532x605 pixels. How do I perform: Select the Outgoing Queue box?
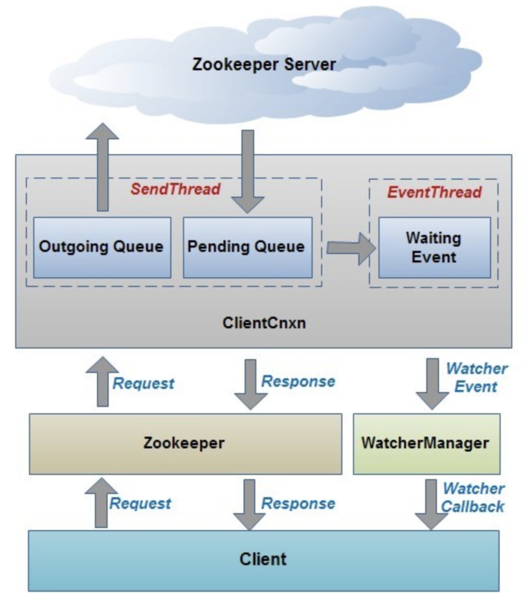(x=102, y=247)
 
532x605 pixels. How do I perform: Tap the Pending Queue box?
(x=247, y=247)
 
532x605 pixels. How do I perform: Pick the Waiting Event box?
(x=434, y=248)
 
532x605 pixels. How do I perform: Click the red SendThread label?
(x=176, y=189)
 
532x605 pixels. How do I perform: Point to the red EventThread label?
(x=434, y=192)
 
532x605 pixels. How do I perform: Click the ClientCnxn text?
(x=264, y=323)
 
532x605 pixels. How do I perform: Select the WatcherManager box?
(x=426, y=444)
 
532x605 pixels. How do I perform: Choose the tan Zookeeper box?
(x=185, y=444)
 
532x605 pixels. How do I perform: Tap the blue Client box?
(x=263, y=560)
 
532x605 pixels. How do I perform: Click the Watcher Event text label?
(x=476, y=377)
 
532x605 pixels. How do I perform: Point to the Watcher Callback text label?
(x=473, y=498)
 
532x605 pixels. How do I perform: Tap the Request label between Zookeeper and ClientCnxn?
(x=143, y=383)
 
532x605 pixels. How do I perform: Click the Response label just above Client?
(x=298, y=504)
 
